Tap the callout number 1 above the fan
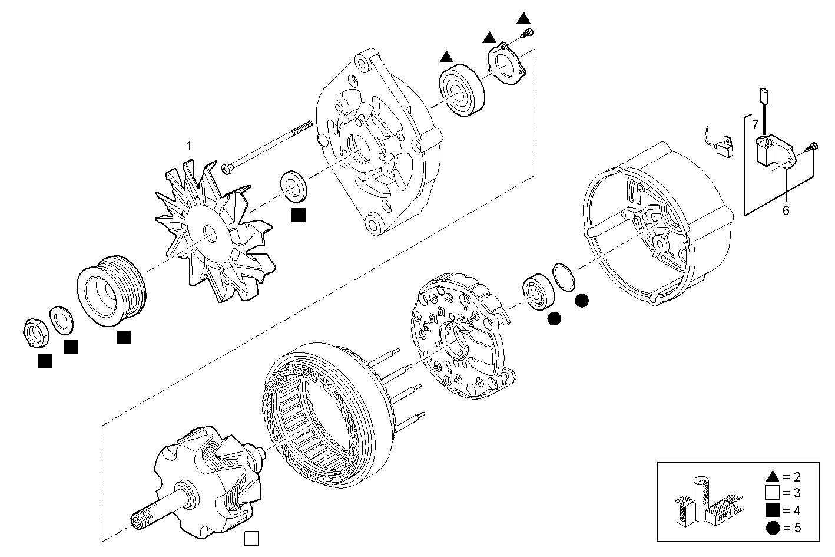pyautogui.click(x=188, y=146)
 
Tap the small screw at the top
pyautogui.click(x=529, y=32)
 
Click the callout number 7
pyautogui.click(x=755, y=124)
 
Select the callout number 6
pyautogui.click(x=786, y=210)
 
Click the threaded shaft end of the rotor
pyautogui.click(x=140, y=518)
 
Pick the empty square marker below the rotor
pyautogui.click(x=251, y=538)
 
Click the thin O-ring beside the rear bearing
pyautogui.click(x=565, y=277)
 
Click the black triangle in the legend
pyautogui.click(x=772, y=476)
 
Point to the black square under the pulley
pyautogui.click(x=124, y=337)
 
